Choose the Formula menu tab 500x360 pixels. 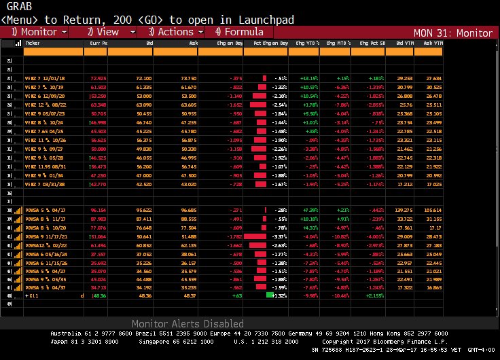(x=238, y=32)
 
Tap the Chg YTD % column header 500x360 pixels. (x=303, y=43)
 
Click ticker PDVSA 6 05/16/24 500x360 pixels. (x=41, y=255)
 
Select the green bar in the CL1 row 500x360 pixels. (x=270, y=295)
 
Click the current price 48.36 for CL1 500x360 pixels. (x=99, y=295)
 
